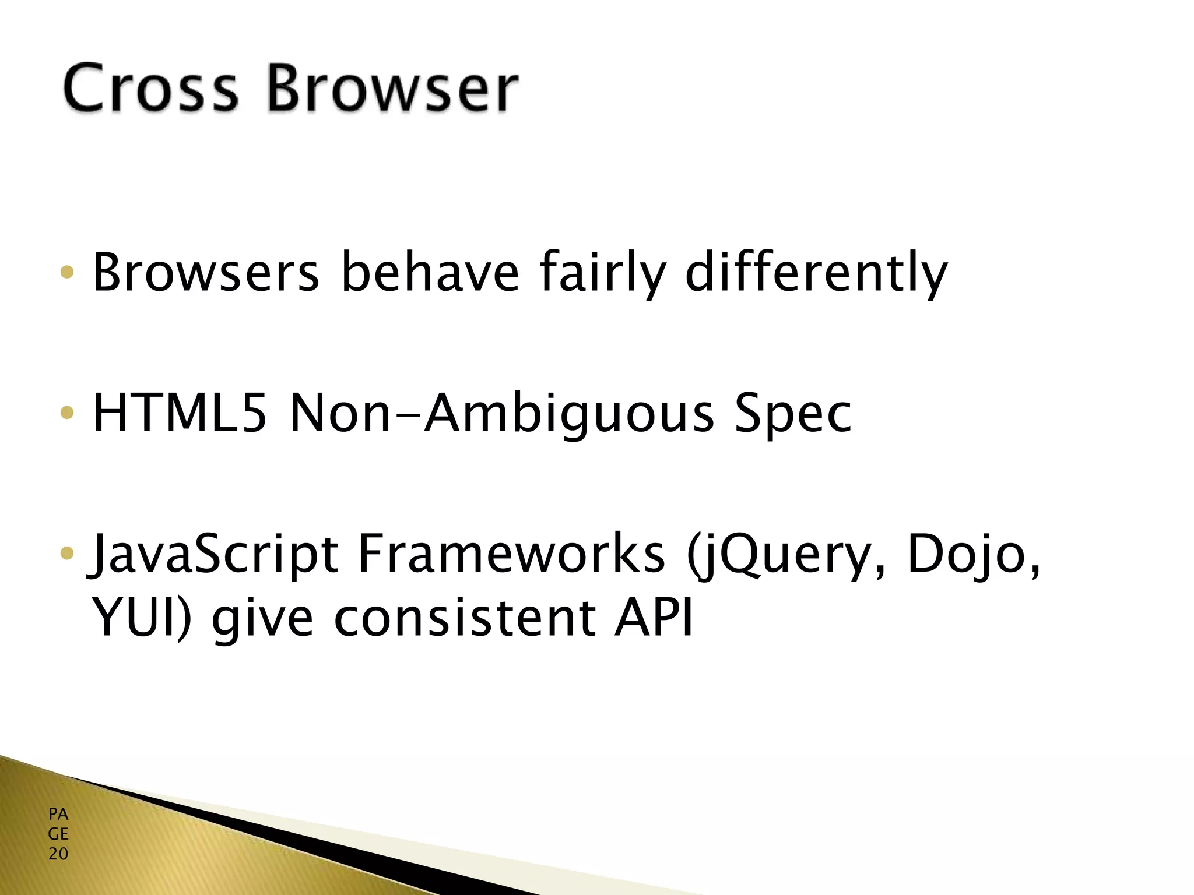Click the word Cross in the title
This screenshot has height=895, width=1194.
pos(150,89)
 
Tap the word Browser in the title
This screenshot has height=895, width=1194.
pos(392,89)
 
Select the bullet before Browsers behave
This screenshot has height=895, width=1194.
pos(68,272)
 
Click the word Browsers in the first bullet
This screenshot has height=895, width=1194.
pos(205,272)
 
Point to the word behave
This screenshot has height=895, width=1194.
pos(430,272)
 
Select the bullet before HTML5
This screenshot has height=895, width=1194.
pos(68,413)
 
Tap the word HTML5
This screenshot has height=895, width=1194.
pos(180,413)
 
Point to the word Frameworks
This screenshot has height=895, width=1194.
pos(511,554)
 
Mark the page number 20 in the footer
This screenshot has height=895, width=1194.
pos(58,854)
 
